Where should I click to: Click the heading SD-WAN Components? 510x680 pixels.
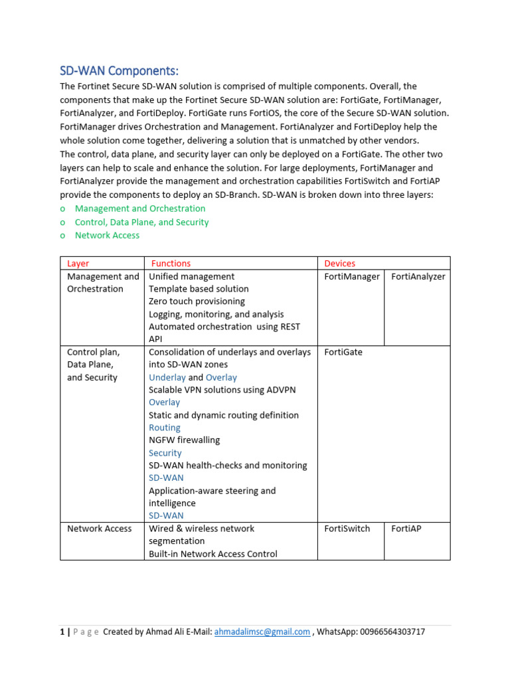(120, 71)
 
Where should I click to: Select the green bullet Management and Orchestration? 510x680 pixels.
(140, 209)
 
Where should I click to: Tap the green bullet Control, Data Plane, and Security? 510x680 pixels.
(141, 222)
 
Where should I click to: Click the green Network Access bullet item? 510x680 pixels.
(107, 235)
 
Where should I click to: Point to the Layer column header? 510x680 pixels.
(78, 264)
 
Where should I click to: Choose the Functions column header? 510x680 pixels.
(171, 264)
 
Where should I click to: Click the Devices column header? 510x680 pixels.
(339, 264)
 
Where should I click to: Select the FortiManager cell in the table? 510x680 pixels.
(352, 276)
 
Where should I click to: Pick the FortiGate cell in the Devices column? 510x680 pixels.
(343, 352)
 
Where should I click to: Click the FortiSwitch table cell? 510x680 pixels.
(347, 529)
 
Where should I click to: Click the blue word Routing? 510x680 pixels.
(165, 428)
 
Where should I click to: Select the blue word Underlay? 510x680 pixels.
(167, 377)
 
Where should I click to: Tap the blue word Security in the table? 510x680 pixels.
(165, 453)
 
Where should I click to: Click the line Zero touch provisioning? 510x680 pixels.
(197, 301)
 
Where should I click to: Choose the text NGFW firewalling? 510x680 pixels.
(184, 440)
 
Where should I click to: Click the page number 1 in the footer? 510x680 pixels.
(62, 632)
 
